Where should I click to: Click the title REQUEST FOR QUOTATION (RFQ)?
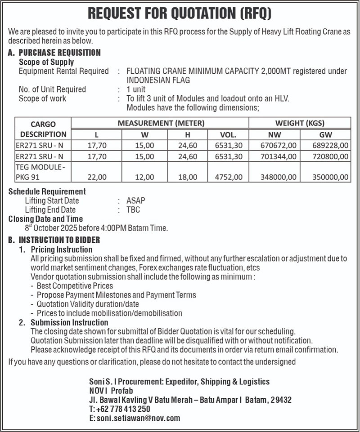coord(180,13)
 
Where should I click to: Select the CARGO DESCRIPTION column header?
coord(43,129)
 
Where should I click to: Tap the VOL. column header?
coord(228,134)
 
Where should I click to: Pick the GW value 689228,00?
coord(330,145)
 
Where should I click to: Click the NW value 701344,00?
coord(278,156)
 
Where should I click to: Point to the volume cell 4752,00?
coord(229,177)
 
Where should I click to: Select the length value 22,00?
coord(97,177)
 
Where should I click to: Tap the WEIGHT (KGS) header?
coord(300,123)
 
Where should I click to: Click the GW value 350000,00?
coord(330,177)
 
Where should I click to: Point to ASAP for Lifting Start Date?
coord(136,200)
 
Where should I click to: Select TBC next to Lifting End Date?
coord(133,210)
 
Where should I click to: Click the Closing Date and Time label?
coord(45,219)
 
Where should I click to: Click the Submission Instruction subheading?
coord(69,322)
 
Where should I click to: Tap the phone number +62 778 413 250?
coord(123,409)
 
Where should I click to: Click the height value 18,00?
coord(188,177)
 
